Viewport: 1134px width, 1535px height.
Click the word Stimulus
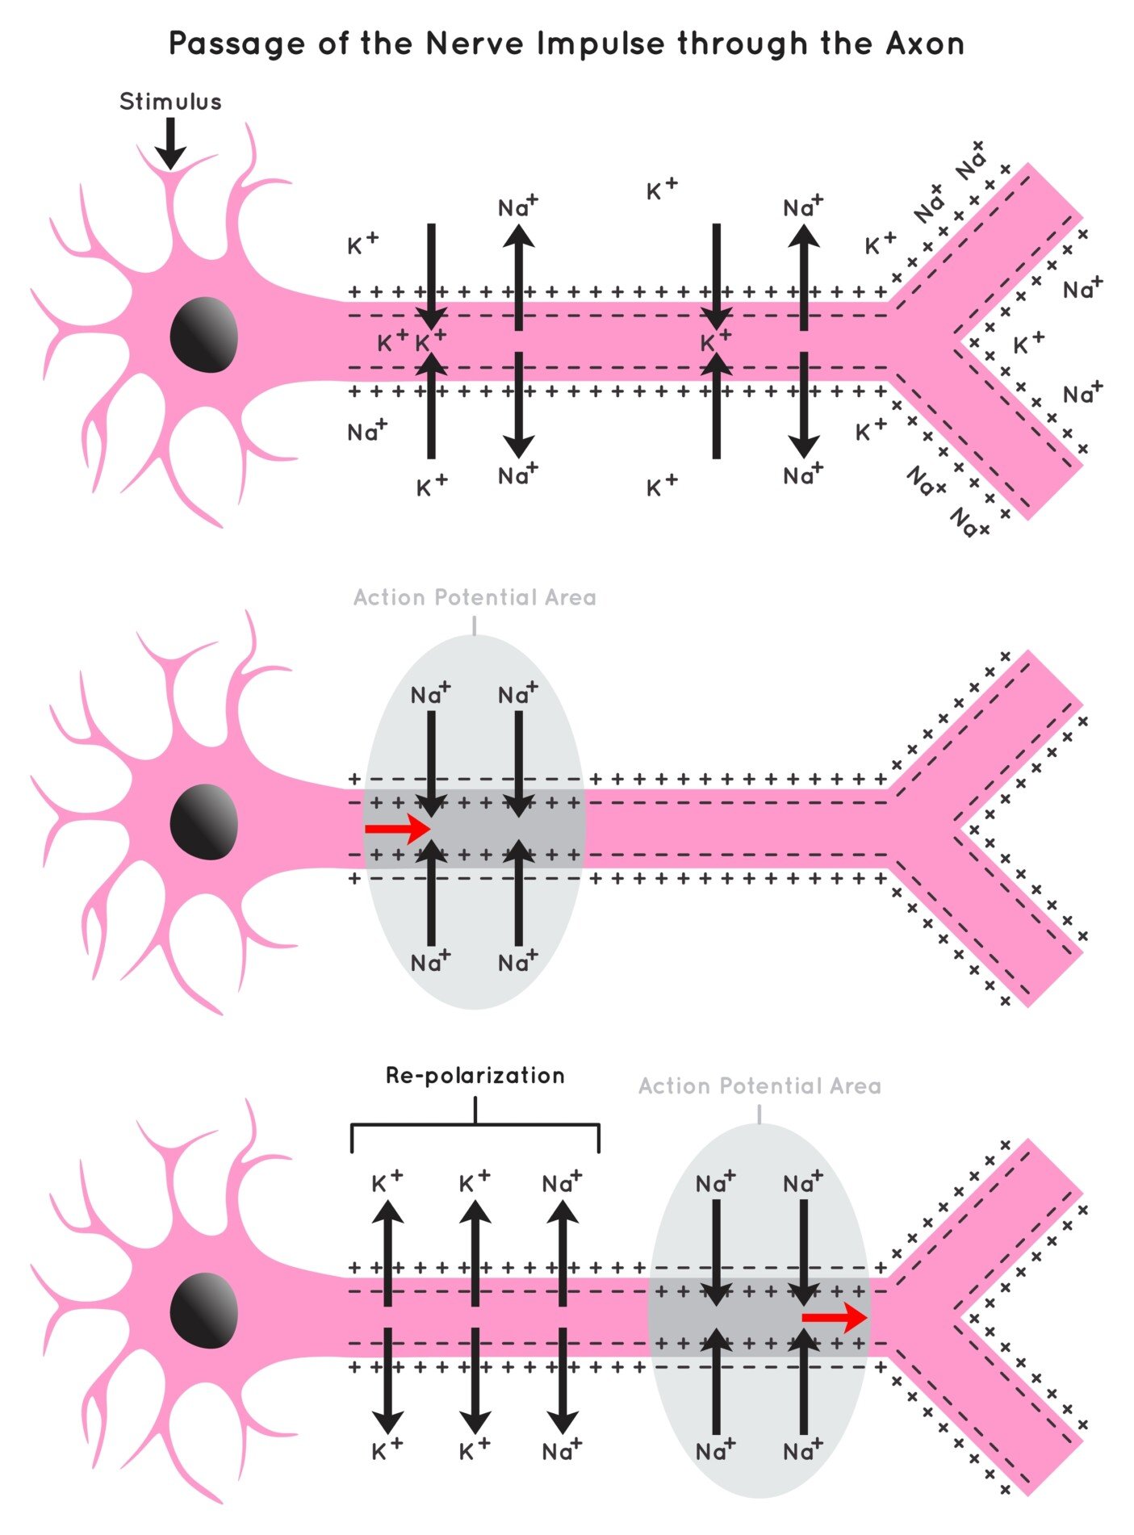(170, 102)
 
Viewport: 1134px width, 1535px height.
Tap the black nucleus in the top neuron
(204, 334)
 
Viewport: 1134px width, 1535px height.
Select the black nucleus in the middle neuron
(204, 822)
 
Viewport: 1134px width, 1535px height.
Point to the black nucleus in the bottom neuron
(204, 1310)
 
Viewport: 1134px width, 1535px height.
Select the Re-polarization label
(475, 1076)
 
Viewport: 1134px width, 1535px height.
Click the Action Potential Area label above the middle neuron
(475, 598)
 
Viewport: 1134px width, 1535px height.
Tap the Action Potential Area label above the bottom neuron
(759, 1086)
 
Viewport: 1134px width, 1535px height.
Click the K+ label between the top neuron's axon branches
(1027, 345)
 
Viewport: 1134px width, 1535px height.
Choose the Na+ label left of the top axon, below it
(366, 432)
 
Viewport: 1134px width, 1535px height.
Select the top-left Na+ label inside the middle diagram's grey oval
(429, 694)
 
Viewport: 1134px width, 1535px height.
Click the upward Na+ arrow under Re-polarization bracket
(563, 1251)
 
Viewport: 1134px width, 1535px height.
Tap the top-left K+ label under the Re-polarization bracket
(386, 1183)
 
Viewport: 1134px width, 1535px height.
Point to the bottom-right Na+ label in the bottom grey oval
(802, 1451)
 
